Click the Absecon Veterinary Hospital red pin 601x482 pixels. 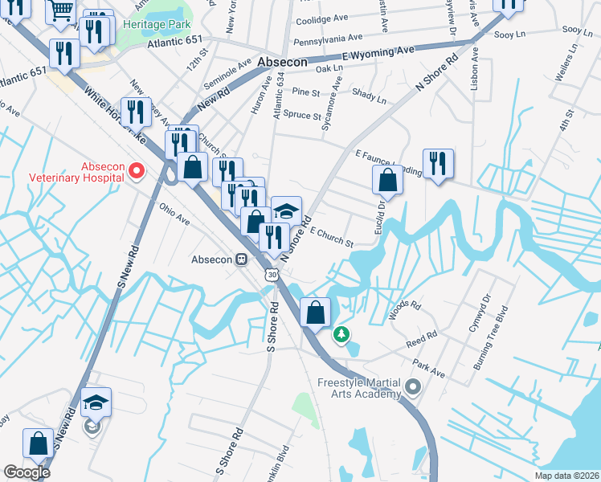click(x=137, y=170)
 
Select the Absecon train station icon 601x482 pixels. click(x=241, y=259)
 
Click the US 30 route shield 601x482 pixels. click(x=273, y=276)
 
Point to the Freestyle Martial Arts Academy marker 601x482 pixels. click(x=413, y=388)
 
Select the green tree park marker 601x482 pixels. click(x=342, y=333)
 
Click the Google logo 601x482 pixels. click(x=27, y=472)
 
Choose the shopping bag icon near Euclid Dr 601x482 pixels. click(x=388, y=182)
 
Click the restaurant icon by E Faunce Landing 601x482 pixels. click(x=438, y=164)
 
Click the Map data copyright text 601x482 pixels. click(x=566, y=476)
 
